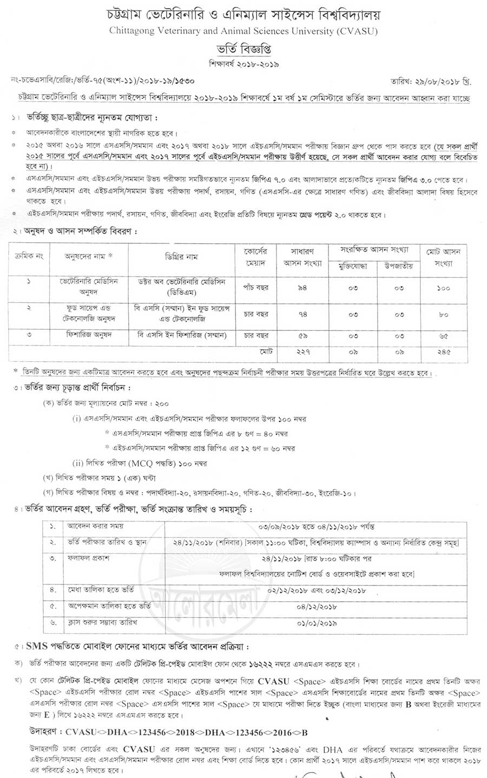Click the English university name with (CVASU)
[243, 31]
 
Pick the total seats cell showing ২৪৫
[443, 351]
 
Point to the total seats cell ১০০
[443, 288]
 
